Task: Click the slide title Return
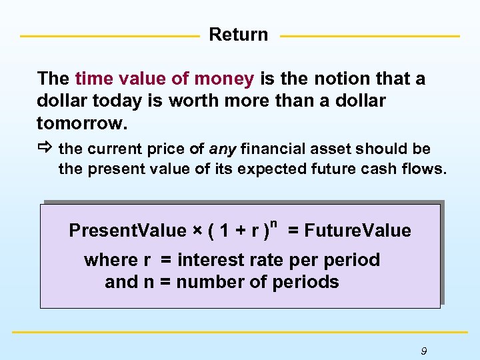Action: click(238, 35)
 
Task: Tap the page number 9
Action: click(424, 351)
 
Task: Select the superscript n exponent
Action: click(273, 219)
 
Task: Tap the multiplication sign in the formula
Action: click(198, 231)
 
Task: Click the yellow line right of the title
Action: click(370, 36)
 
